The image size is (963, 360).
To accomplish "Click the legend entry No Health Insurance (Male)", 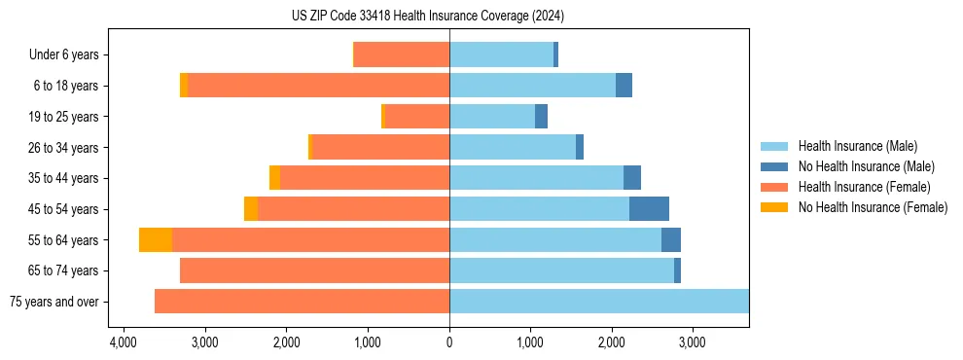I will (865, 166).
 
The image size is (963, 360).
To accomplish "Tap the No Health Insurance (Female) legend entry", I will (872, 207).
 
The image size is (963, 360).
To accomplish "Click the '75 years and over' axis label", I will (54, 302).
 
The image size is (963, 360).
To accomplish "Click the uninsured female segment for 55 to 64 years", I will (156, 239).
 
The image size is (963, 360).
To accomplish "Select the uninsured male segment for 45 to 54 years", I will (649, 209).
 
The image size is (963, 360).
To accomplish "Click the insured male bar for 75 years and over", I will (598, 302).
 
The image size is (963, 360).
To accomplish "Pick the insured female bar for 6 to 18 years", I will (318, 86).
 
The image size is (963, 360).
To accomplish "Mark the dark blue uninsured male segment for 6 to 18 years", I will (624, 86).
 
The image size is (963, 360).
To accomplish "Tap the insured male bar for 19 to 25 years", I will (492, 117).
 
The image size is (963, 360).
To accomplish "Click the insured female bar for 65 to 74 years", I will (314, 270).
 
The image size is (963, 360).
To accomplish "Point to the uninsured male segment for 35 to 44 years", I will (632, 178).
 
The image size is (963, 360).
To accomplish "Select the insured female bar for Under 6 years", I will (402, 55).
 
